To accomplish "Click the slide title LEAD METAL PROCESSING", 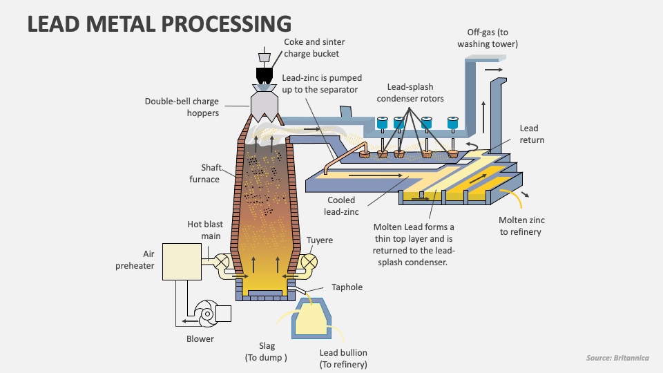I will (159, 23).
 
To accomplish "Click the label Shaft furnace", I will (205, 173).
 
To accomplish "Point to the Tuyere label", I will (320, 240).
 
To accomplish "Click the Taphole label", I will (347, 287).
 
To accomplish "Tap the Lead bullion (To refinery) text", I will (343, 358).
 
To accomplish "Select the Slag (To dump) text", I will (266, 352).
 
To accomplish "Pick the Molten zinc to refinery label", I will (521, 226).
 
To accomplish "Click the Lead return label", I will (531, 134).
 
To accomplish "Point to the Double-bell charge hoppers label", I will (182, 107).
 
